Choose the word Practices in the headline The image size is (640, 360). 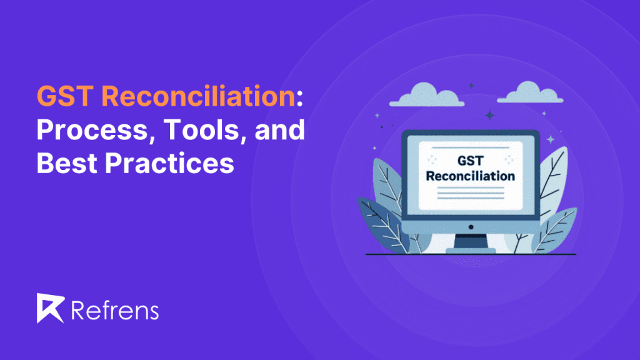click(169, 163)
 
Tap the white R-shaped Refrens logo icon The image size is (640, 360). click(51, 308)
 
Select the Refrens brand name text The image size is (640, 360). click(114, 309)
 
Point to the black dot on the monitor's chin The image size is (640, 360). click(471, 226)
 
